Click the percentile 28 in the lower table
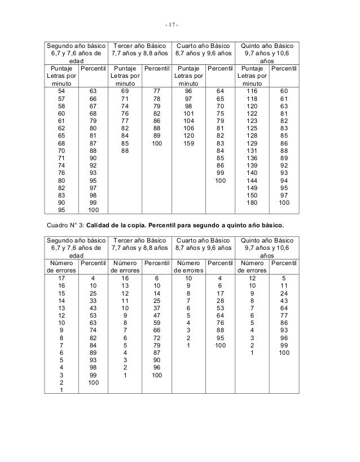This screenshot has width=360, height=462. click(x=220, y=301)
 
